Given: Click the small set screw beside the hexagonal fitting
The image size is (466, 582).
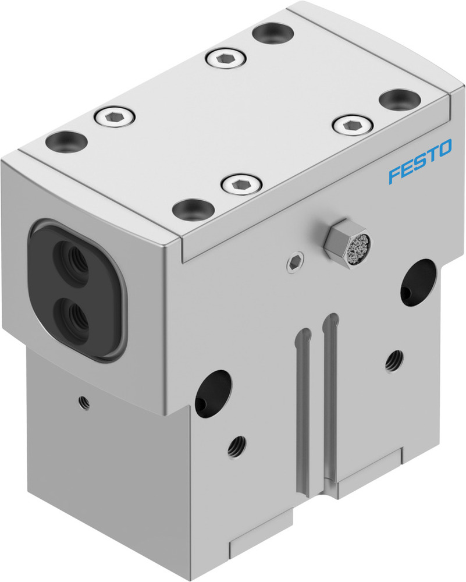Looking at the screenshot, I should [296, 263].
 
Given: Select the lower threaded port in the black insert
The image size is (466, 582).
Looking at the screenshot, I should [75, 317].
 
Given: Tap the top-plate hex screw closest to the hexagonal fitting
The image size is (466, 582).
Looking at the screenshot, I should [241, 185].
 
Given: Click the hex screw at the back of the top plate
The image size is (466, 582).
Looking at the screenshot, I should [226, 58].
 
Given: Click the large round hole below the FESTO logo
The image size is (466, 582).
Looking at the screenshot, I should [418, 281].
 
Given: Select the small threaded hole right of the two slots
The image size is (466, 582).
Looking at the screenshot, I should [394, 361].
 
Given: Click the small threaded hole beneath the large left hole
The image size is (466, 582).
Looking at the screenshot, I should [237, 446].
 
